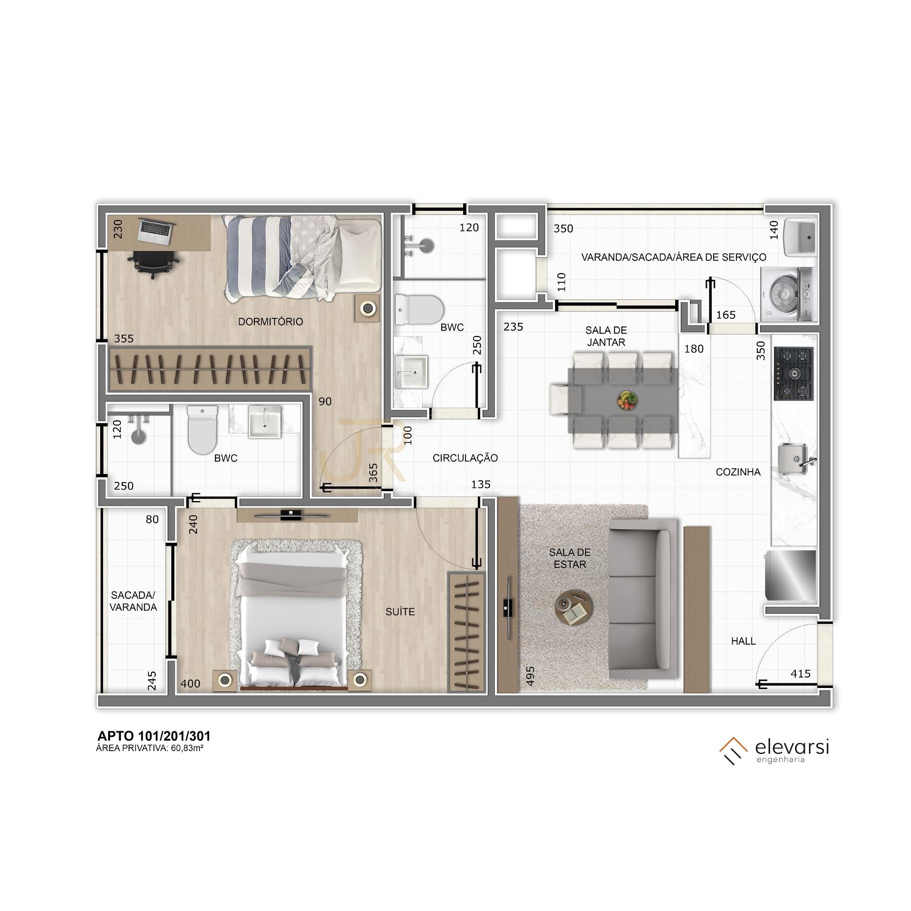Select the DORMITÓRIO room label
[270, 322]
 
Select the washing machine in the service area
[788, 294]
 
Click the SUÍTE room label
[400, 612]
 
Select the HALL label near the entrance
[744, 641]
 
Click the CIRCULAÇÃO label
[465, 458]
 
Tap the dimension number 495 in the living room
[530, 676]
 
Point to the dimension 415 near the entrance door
[801, 673]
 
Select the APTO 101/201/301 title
[154, 736]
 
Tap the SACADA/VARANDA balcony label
[133, 601]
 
